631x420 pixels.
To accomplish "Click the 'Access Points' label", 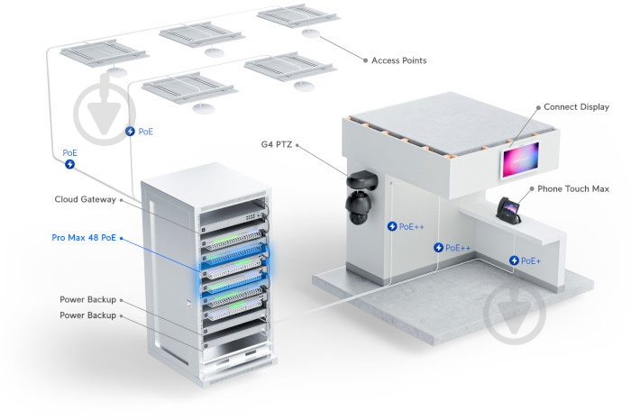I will point(399,60).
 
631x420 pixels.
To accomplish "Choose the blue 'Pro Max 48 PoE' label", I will point(84,239).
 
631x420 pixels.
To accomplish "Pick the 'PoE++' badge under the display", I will point(453,247).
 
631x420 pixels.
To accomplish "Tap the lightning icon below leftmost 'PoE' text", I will point(69,165).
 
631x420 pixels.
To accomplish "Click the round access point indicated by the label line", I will point(311,34).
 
